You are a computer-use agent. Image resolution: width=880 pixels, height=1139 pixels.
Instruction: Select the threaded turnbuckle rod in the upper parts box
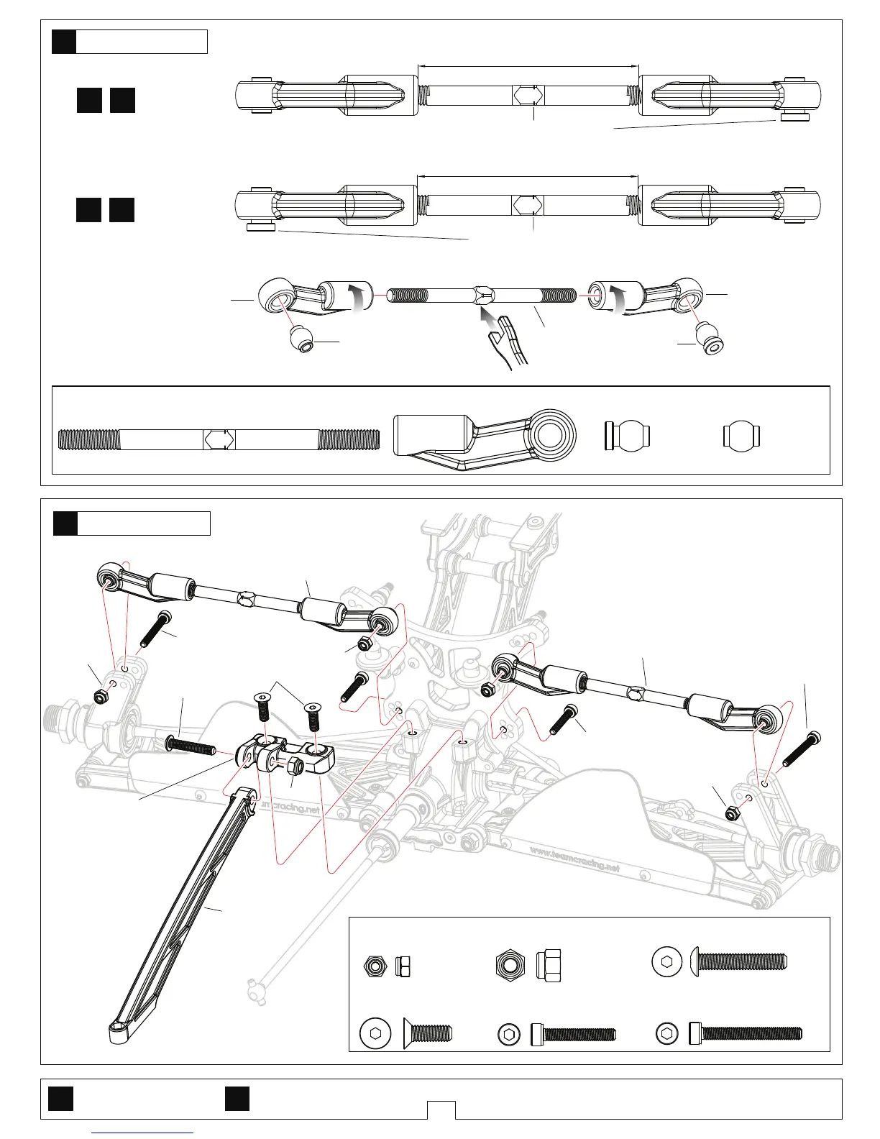219,439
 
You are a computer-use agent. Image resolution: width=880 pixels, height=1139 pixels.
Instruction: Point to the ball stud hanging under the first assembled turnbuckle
794,117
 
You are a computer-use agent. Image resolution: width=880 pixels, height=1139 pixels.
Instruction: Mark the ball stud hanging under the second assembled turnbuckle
261,228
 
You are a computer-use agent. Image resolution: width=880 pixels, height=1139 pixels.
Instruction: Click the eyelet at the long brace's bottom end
117,1033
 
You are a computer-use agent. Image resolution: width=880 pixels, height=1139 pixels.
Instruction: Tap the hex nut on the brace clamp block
295,767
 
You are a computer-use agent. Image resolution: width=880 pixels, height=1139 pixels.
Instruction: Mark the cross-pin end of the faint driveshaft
255,982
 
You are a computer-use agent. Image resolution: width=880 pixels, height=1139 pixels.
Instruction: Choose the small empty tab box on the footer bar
441,1110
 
